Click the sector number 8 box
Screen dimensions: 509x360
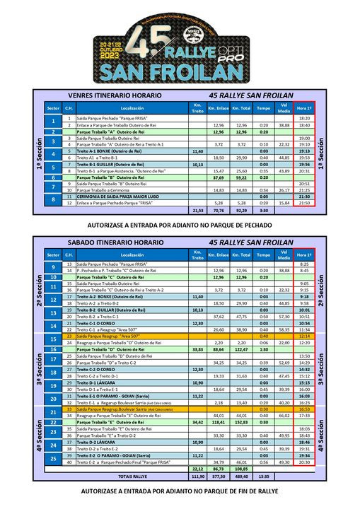(x=53, y=199)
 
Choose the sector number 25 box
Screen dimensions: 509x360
(x=53, y=459)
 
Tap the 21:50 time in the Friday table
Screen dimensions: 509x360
(x=305, y=203)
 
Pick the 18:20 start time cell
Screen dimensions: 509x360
(x=305, y=118)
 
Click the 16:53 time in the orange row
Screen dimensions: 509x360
(x=305, y=409)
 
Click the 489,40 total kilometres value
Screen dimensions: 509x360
(x=241, y=476)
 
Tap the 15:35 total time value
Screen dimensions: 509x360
(x=264, y=476)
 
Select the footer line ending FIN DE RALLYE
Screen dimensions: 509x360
(x=179, y=491)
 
